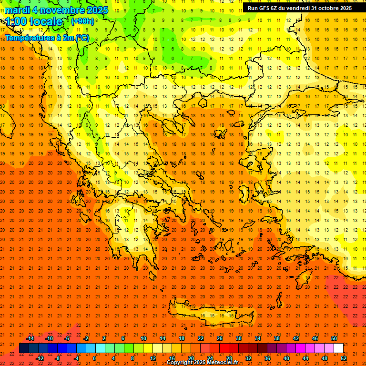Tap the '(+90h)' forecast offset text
coord(82,21)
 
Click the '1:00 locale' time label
coord(34,21)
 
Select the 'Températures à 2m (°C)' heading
coord(46,37)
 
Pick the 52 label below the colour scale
coord(344,358)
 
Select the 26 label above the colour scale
coord(220,338)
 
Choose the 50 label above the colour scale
coord(334,338)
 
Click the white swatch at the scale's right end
coord(338,348)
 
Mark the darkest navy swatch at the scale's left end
coord(24,348)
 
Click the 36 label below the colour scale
coord(267,358)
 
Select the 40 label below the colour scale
coord(286,358)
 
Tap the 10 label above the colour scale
coord(143,338)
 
